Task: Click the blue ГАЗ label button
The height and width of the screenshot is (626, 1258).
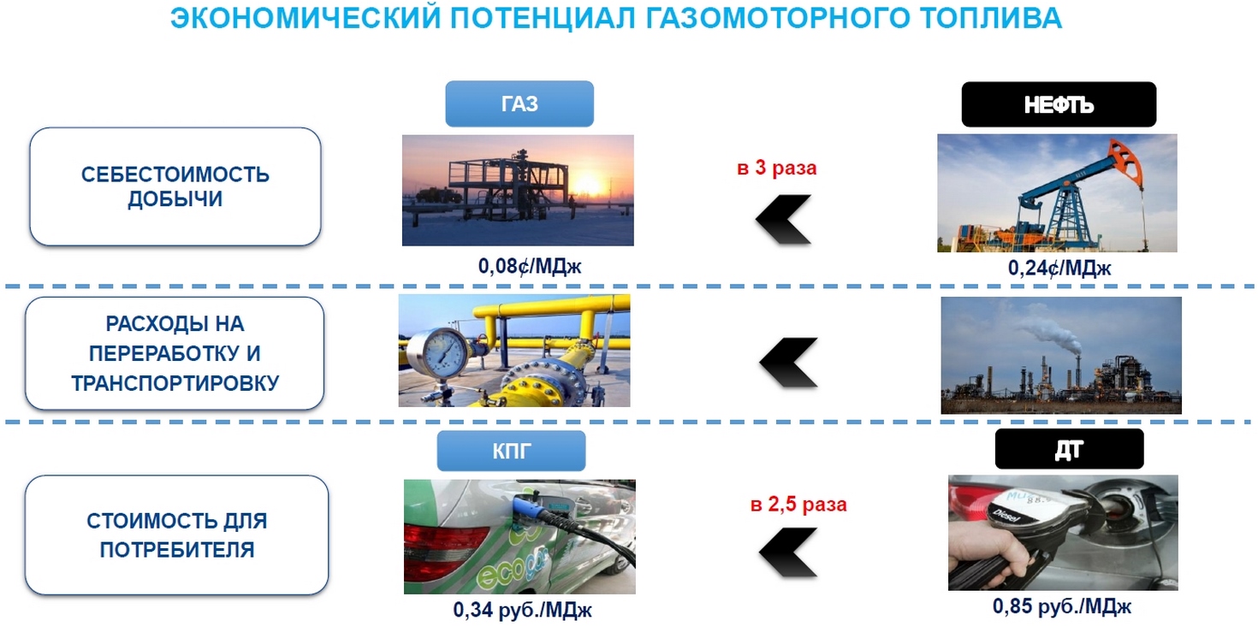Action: tap(519, 103)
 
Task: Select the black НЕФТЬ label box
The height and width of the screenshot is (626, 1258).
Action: tap(1059, 104)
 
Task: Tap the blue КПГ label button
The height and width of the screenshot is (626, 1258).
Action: tap(511, 451)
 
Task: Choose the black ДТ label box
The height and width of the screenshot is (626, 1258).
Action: tap(1070, 449)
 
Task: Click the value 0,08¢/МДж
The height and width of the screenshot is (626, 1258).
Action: tap(530, 266)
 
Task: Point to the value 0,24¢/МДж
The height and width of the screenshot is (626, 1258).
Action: tap(1059, 269)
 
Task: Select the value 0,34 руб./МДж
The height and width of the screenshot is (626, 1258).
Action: tap(522, 610)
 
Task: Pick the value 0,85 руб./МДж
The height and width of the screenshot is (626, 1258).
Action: tap(1062, 606)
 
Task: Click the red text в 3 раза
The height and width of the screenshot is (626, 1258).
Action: tap(777, 168)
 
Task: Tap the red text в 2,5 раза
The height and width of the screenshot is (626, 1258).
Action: tap(798, 505)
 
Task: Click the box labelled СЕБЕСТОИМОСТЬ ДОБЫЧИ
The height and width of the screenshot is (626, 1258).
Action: tap(175, 186)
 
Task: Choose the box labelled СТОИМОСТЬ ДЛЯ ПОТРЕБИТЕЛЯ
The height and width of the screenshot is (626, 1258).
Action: tap(176, 535)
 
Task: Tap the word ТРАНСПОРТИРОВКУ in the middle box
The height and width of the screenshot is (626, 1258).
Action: tap(175, 383)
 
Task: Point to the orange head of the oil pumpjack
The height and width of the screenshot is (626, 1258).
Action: tap(1126, 162)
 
